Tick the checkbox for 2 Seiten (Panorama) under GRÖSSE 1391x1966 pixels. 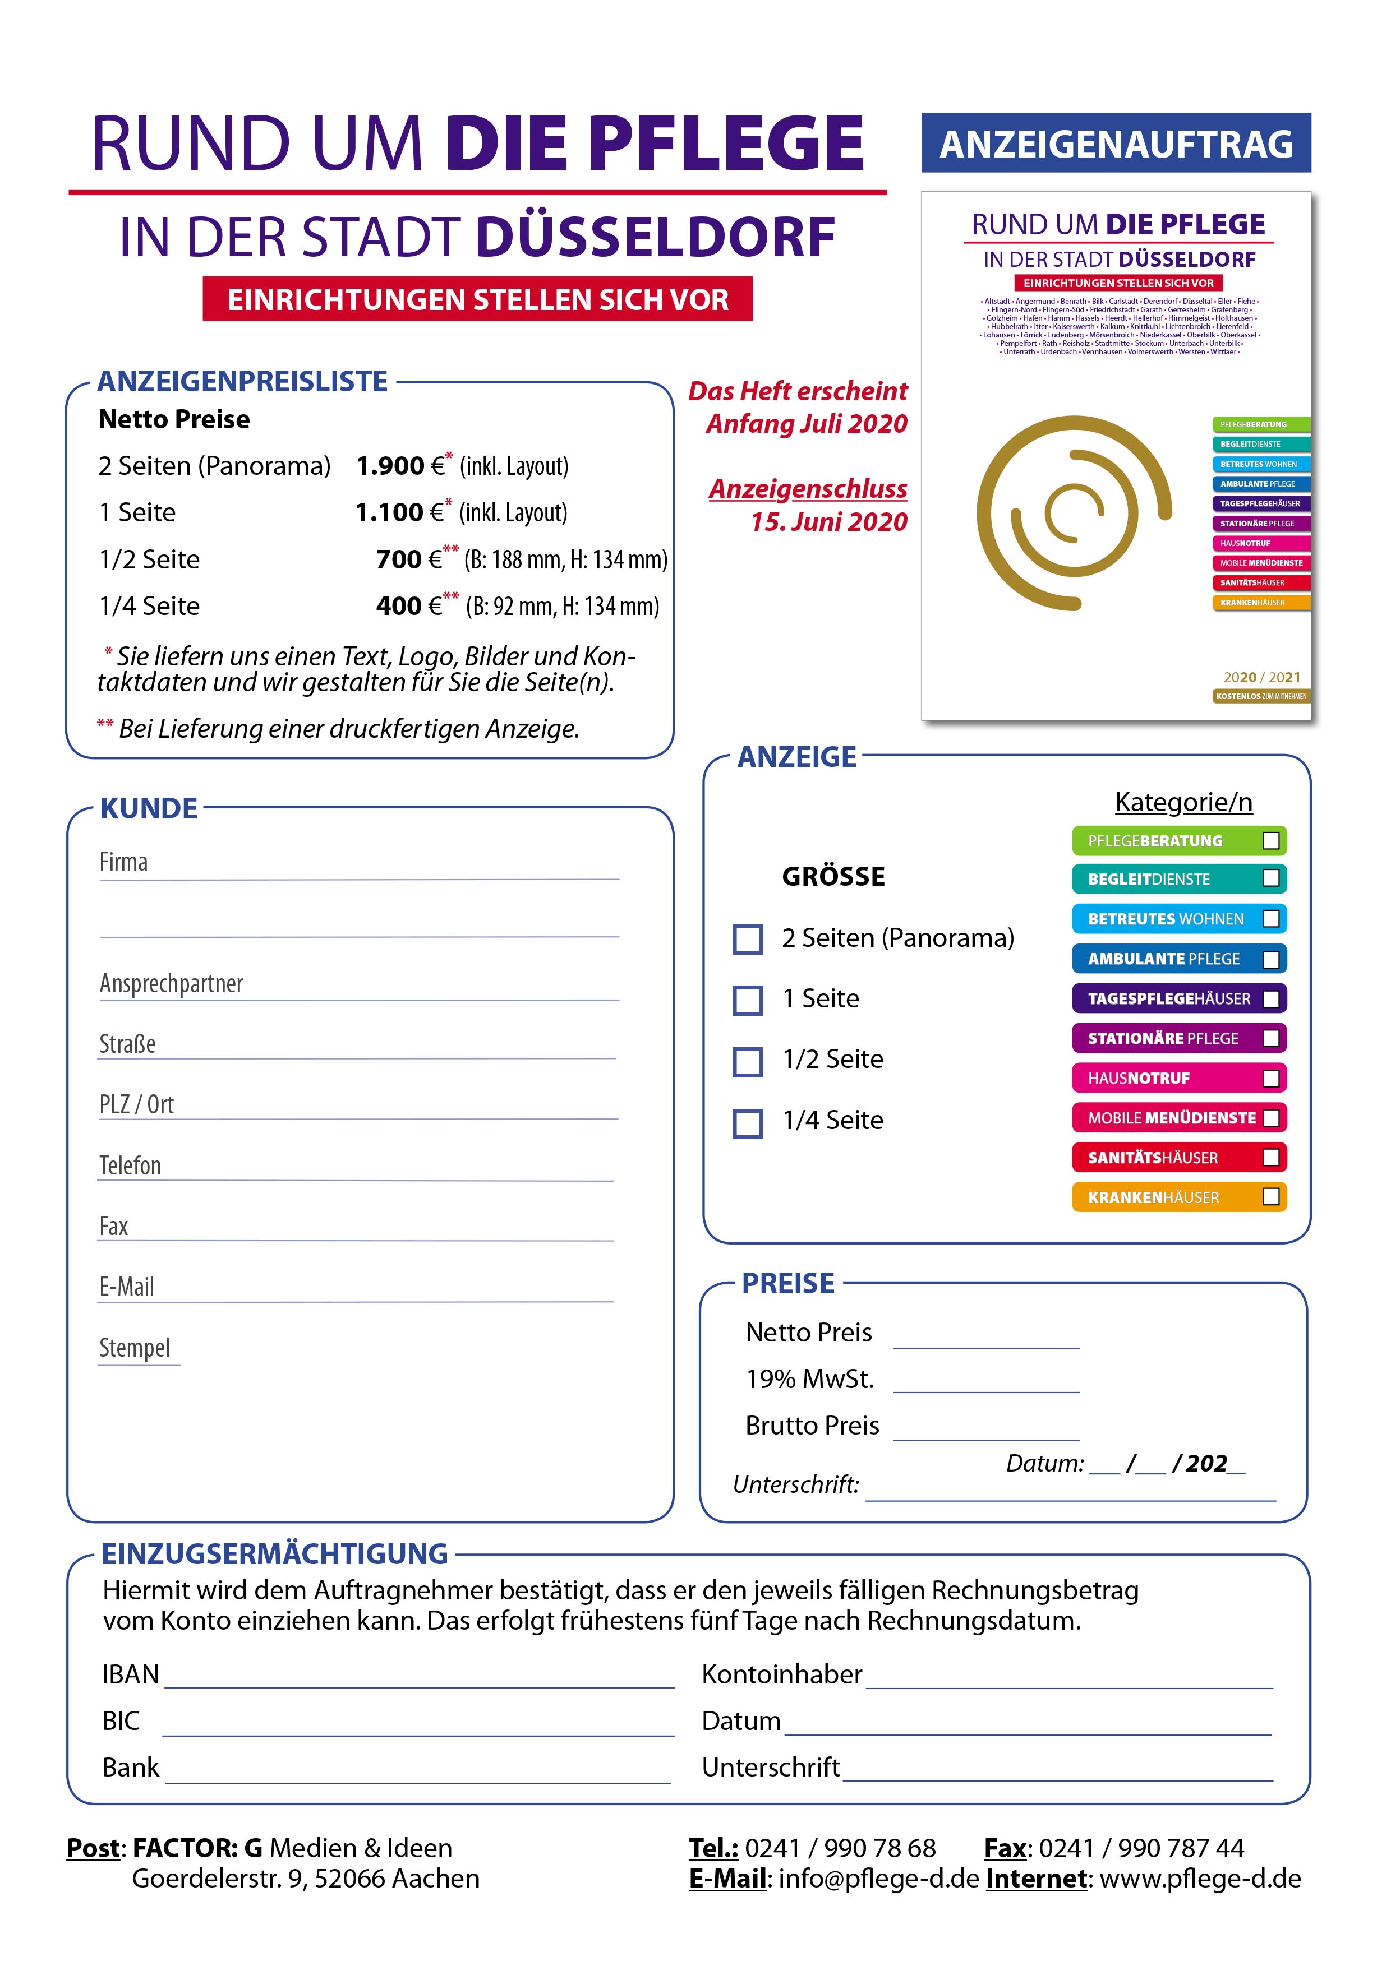[x=748, y=940]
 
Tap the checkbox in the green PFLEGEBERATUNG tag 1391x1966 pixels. [x=1271, y=841]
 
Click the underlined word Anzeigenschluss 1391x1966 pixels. [x=808, y=489]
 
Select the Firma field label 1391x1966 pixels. [x=123, y=862]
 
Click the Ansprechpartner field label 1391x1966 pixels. [x=171, y=983]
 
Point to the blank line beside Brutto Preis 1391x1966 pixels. [x=986, y=1432]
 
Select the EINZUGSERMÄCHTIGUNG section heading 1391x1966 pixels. [x=274, y=1553]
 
